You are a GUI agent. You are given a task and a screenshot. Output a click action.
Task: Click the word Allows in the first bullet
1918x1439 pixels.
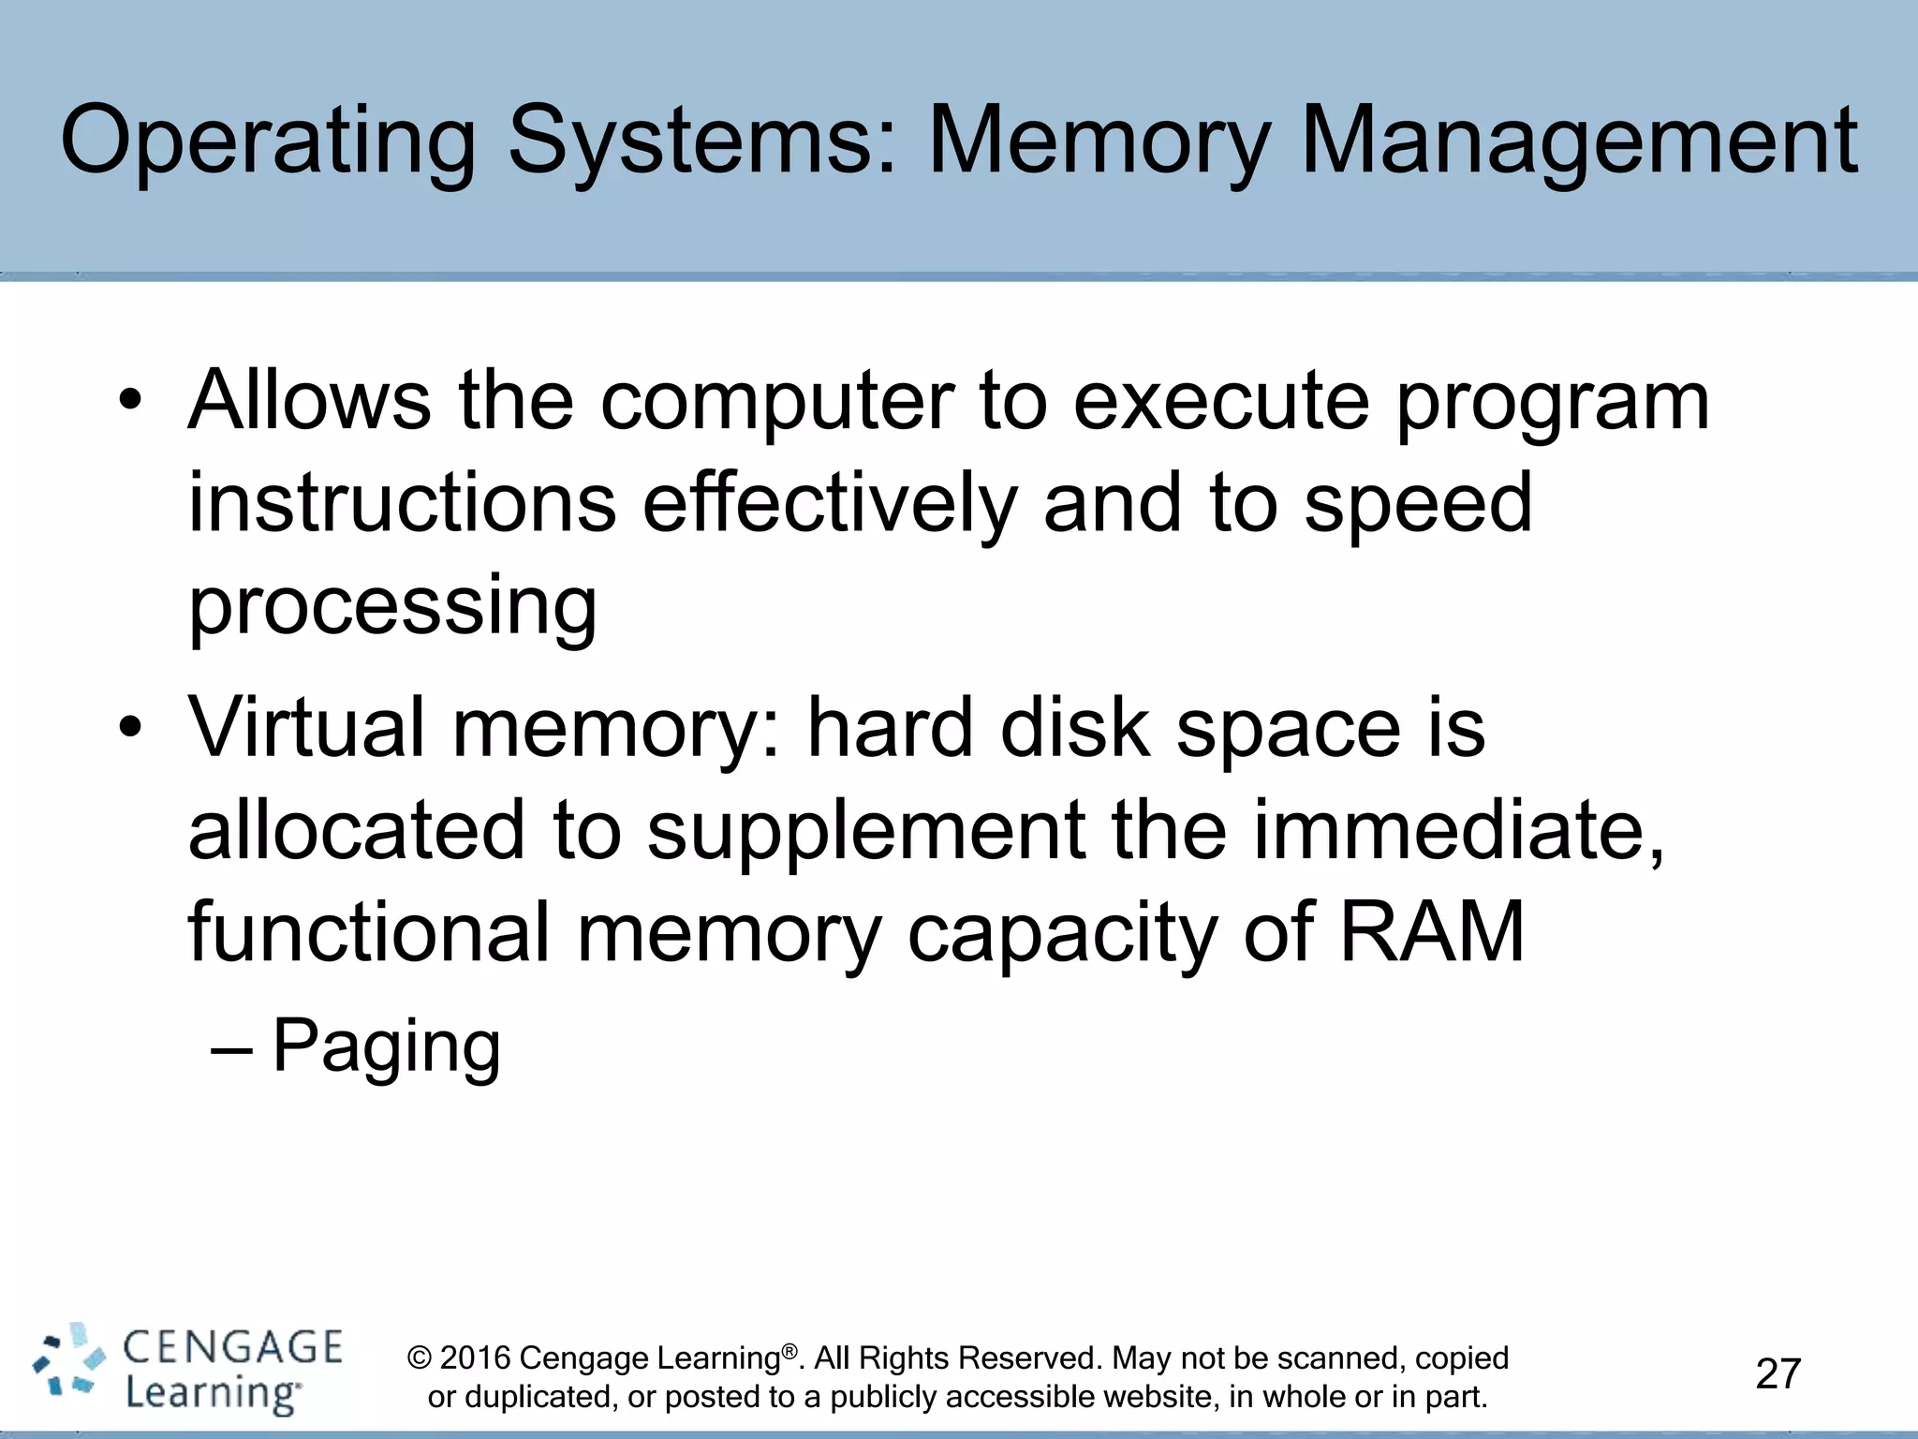tap(309, 401)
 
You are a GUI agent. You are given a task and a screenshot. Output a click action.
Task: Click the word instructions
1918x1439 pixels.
tap(403, 503)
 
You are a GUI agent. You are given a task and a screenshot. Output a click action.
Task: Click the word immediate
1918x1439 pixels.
tap(1456, 831)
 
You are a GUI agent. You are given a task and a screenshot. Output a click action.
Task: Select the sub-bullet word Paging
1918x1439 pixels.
tap(386, 1047)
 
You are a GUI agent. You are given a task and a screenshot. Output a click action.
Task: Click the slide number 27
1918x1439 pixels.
tap(1778, 1373)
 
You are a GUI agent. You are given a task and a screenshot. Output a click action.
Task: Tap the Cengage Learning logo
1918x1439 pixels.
tap(187, 1370)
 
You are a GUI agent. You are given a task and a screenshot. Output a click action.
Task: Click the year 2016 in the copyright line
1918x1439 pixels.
tap(475, 1357)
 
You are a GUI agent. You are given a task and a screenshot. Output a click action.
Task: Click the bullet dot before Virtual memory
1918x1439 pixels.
tap(130, 728)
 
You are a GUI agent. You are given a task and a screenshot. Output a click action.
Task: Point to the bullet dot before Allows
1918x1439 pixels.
tap(130, 401)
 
